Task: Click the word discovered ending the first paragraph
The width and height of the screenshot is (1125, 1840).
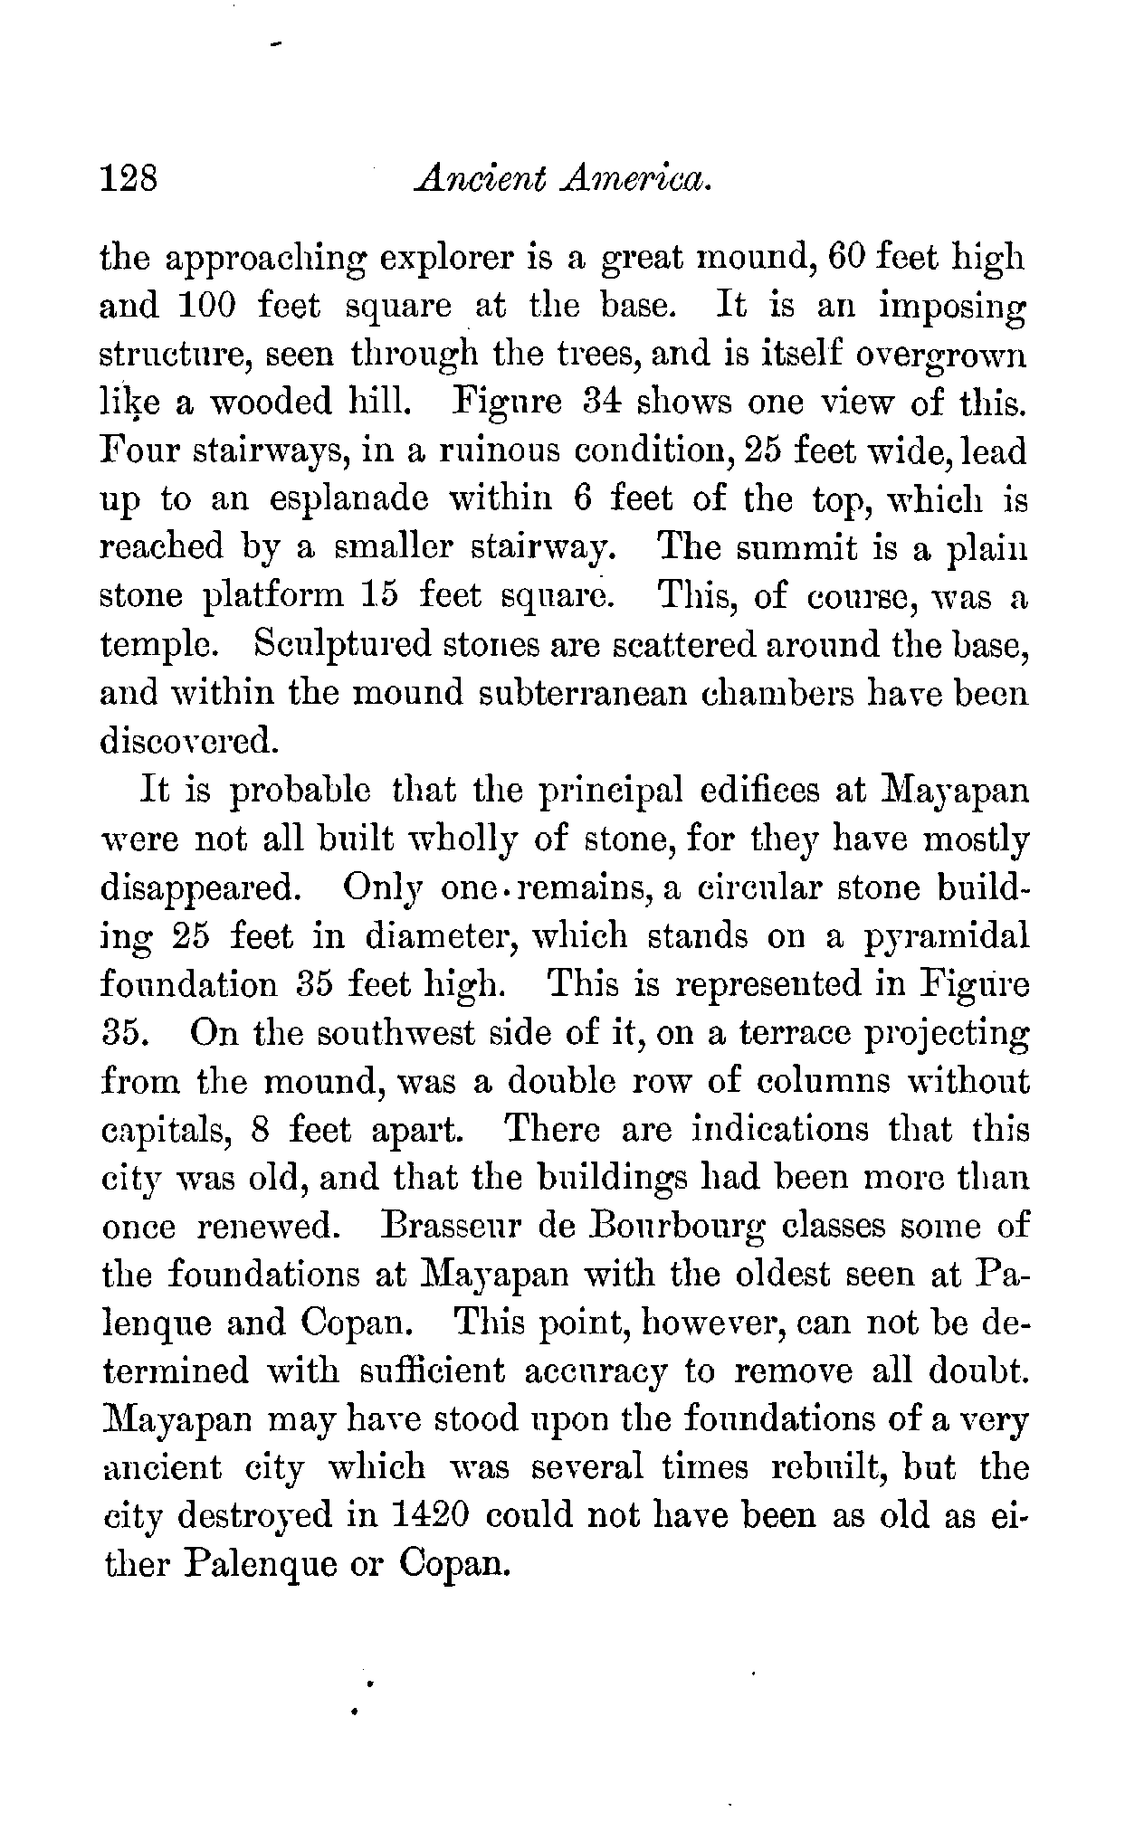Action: tap(185, 741)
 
